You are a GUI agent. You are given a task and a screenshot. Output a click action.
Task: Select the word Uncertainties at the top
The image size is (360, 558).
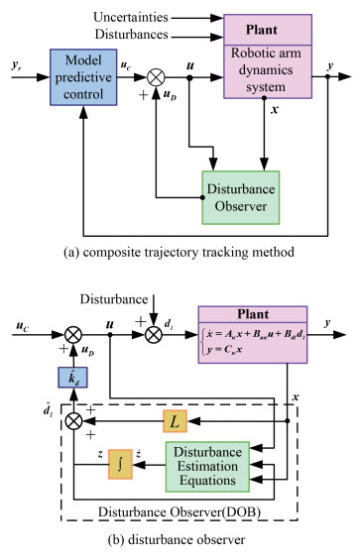(136, 18)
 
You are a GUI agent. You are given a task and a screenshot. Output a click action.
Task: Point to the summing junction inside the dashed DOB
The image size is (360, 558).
(73, 423)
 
